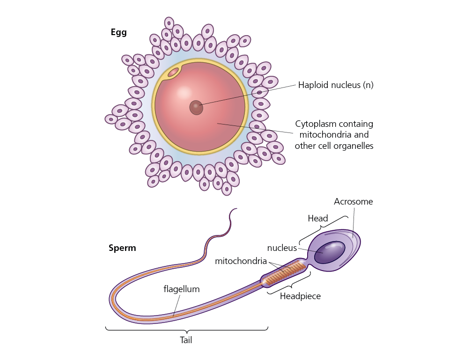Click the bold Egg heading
click(118, 32)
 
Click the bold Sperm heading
click(122, 248)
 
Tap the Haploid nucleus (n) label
click(335, 85)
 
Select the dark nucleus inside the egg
click(196, 107)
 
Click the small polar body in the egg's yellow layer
click(173, 72)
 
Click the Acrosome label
click(353, 202)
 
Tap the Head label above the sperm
click(317, 218)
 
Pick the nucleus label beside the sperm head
click(282, 248)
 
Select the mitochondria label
click(241, 261)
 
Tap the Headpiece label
click(300, 296)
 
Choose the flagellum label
click(181, 289)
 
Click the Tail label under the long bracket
click(186, 340)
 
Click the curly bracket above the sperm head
click(324, 227)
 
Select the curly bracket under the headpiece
click(289, 285)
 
